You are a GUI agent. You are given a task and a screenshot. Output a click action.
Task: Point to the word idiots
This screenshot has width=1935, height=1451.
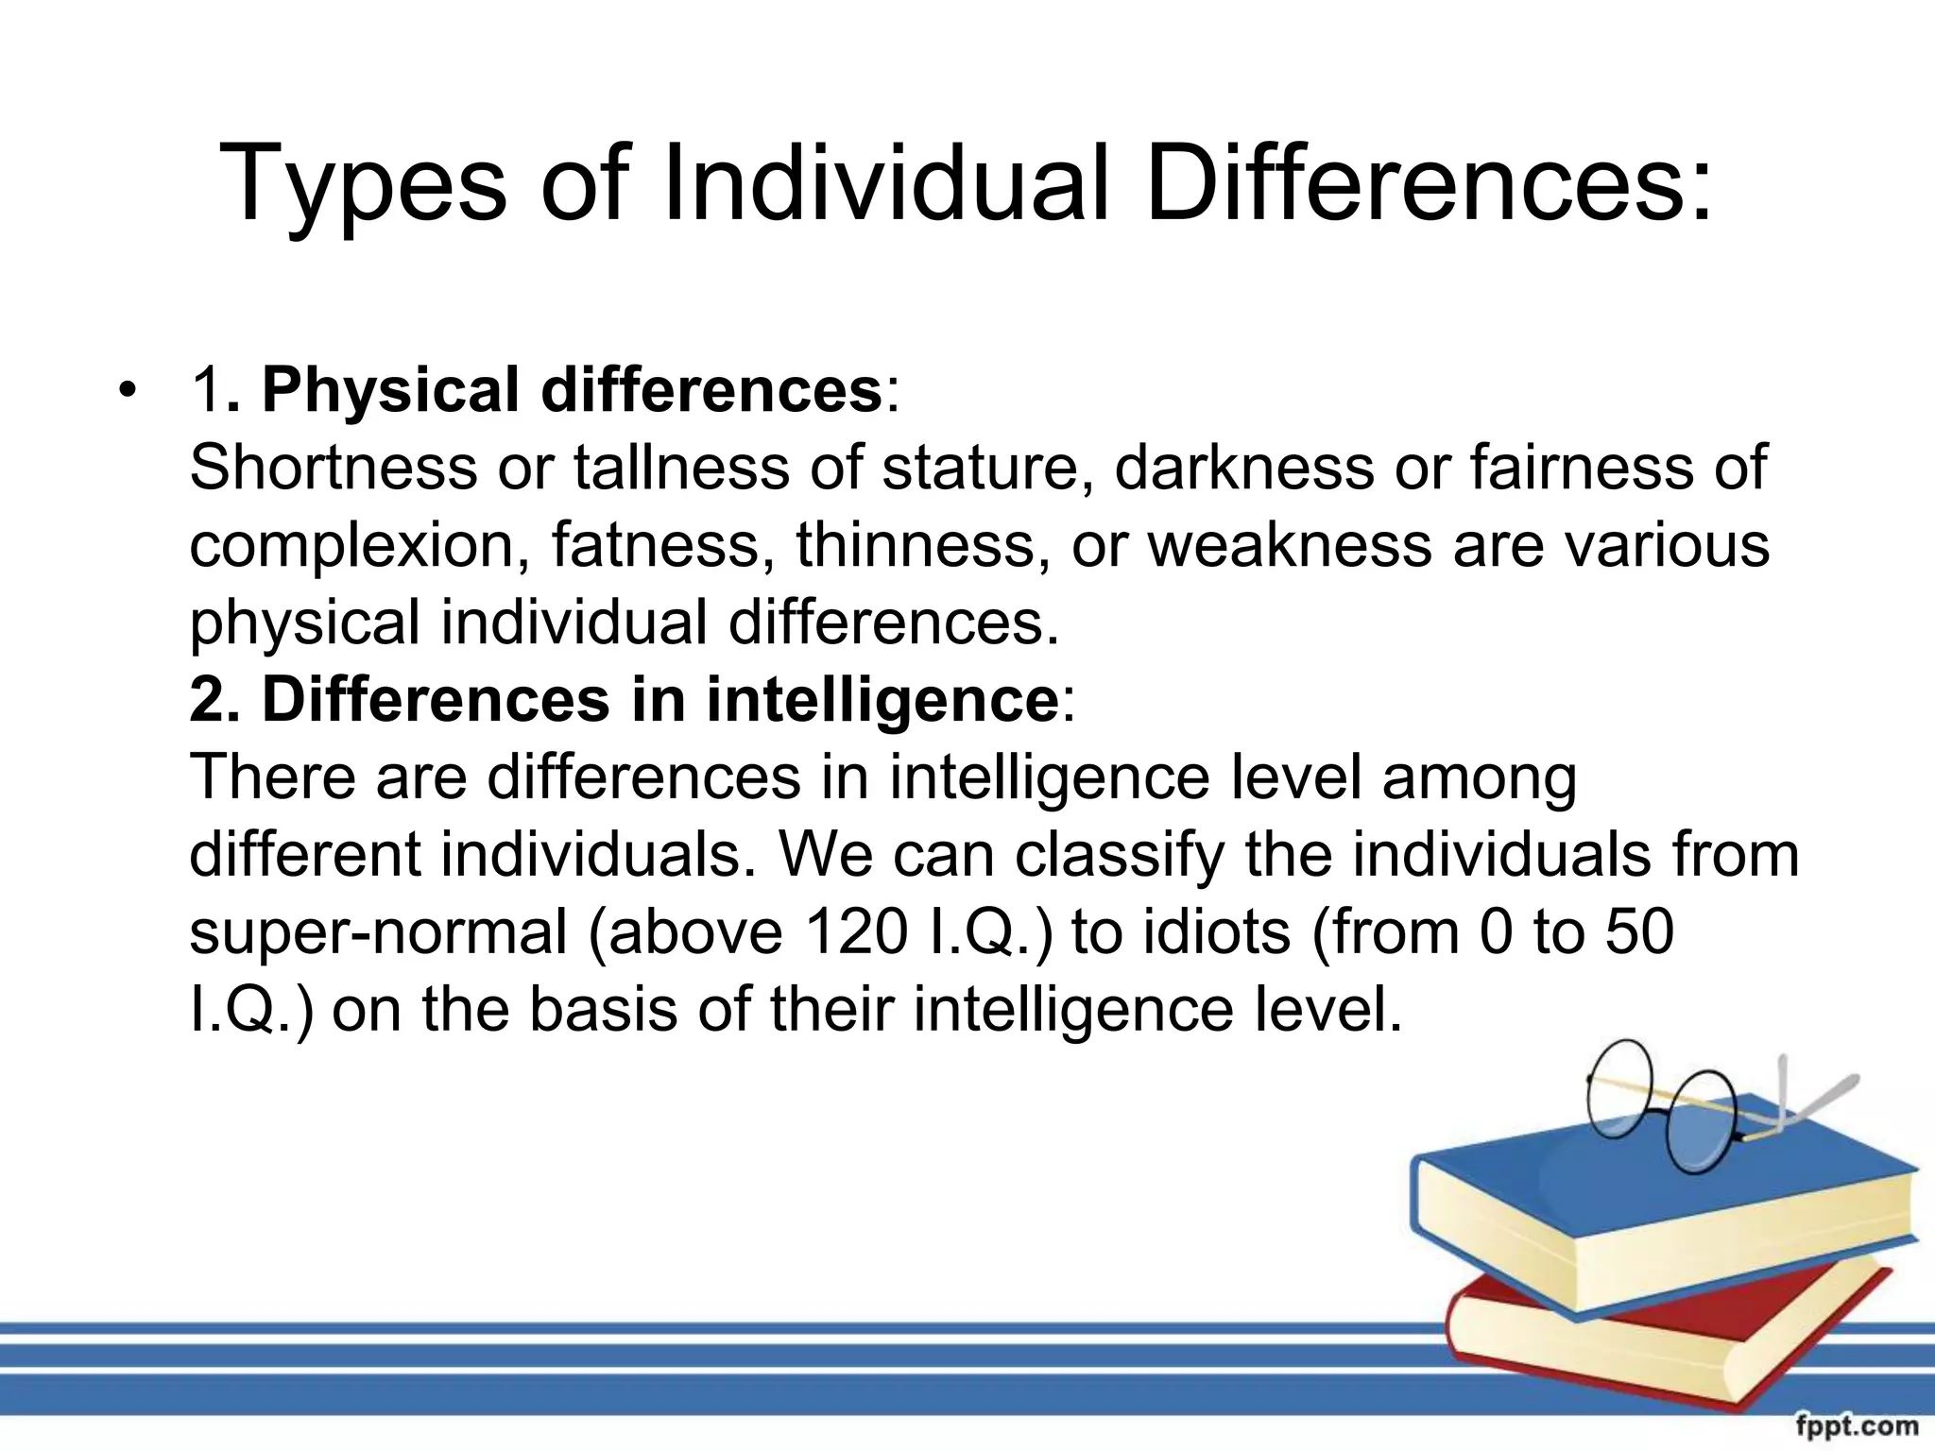1215,931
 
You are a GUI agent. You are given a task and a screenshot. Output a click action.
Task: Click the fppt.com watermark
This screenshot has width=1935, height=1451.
1857,1425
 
